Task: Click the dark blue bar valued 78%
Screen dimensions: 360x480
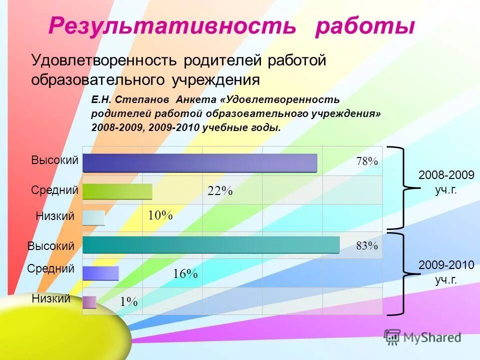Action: [x=199, y=163]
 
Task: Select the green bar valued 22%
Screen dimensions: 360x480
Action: [x=117, y=191]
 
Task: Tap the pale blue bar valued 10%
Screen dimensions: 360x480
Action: [x=93, y=217]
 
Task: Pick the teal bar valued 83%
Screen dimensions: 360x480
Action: [x=210, y=245]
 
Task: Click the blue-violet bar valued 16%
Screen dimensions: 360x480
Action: [x=100, y=273]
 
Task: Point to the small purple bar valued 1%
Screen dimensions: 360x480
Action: [x=89, y=302]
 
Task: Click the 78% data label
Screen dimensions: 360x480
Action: [x=367, y=161]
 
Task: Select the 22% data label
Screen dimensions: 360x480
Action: [x=220, y=190]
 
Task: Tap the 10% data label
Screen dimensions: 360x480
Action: [x=160, y=215]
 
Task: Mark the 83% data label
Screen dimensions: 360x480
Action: [x=367, y=245]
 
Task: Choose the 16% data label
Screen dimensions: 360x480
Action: [x=185, y=273]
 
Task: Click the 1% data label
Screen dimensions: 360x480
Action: [x=128, y=301]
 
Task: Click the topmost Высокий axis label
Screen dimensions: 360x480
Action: [x=55, y=160]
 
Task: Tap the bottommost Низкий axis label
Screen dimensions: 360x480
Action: [x=51, y=299]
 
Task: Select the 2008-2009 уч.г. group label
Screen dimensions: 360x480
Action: [x=446, y=182]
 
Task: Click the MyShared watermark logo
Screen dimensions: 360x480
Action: [x=422, y=336]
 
